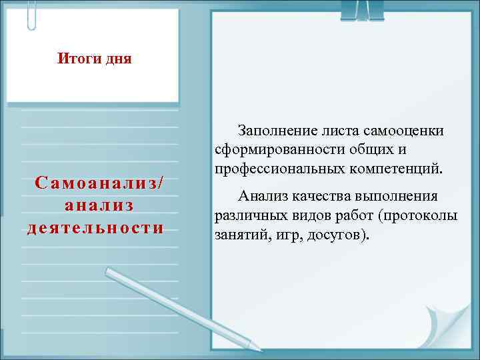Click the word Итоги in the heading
[x=77, y=59]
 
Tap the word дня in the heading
[x=117, y=59]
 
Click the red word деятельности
[x=96, y=227]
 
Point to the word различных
[x=245, y=215]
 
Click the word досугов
[x=334, y=235]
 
